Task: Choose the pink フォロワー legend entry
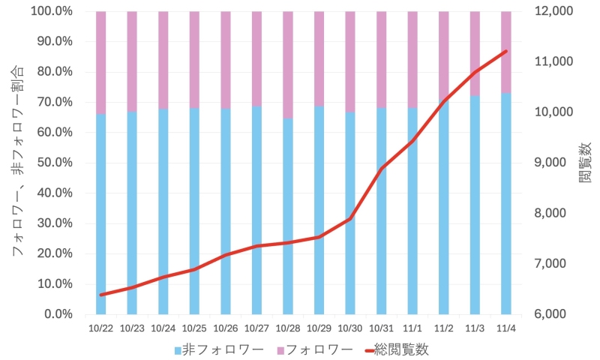[314, 349]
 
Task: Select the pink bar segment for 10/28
[288, 64]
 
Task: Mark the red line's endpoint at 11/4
[506, 51]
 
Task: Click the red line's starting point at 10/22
[100, 295]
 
